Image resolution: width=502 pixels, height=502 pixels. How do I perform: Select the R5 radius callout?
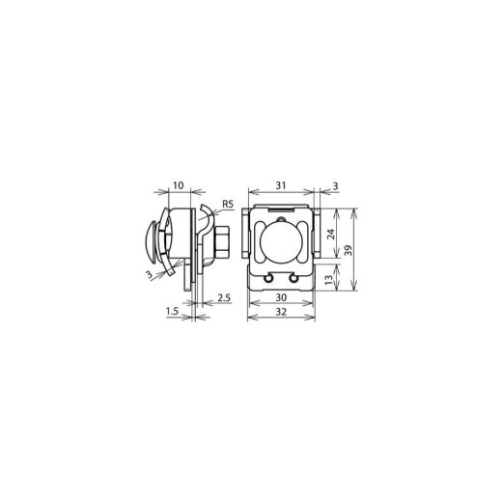[x=227, y=205]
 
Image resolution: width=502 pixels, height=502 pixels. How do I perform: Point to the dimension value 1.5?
[x=172, y=311]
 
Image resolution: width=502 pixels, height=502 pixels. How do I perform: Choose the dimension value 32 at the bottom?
[x=280, y=312]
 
